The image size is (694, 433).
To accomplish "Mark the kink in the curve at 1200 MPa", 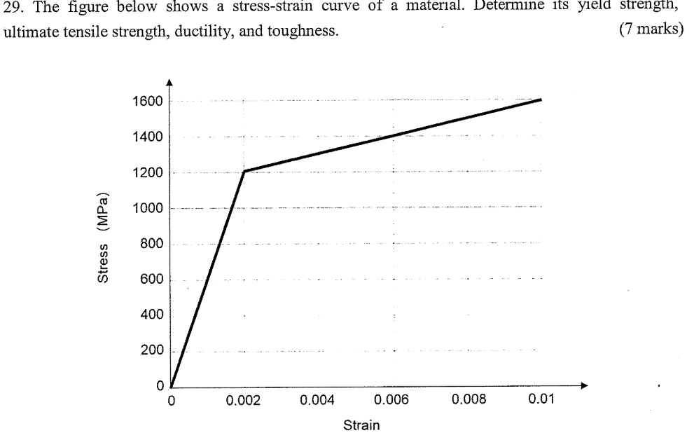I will click(244, 170).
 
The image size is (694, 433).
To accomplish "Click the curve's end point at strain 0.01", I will click(541, 99).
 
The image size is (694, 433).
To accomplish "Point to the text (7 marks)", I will click(651, 32).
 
